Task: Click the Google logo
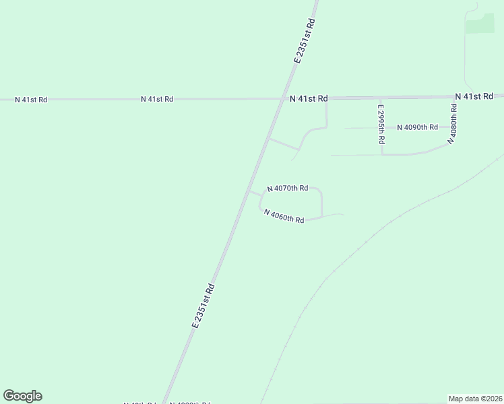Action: click(x=22, y=396)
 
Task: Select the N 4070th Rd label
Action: click(x=288, y=189)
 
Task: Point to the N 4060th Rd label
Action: click(x=284, y=216)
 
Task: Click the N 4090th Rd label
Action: click(x=417, y=127)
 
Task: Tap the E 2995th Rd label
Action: click(x=381, y=125)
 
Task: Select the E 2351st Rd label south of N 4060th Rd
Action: click(x=203, y=306)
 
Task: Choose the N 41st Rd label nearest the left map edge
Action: click(x=31, y=100)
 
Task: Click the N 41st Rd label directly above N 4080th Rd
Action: click(x=474, y=97)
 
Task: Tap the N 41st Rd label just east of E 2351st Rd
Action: click(x=309, y=98)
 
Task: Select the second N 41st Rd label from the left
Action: click(x=157, y=99)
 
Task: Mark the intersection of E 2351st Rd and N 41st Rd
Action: click(x=282, y=99)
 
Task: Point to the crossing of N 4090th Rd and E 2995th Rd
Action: click(x=382, y=127)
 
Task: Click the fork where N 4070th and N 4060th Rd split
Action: click(x=259, y=195)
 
